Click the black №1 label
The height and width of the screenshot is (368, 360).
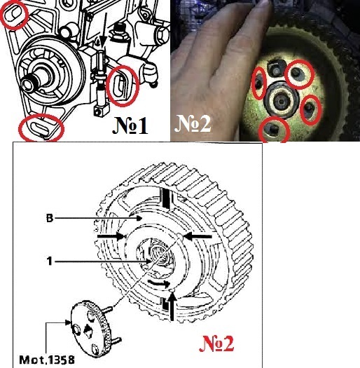point(130,125)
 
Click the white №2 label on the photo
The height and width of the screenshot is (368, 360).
point(193,123)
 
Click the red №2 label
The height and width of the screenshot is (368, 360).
point(216,343)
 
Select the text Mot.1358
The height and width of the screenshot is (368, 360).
point(47,360)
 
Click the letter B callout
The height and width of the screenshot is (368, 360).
point(50,219)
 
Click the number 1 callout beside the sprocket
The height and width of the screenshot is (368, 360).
point(50,261)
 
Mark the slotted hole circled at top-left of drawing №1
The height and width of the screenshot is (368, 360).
point(13,14)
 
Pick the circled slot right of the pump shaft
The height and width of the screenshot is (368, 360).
point(120,86)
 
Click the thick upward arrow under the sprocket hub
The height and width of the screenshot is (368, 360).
point(172,306)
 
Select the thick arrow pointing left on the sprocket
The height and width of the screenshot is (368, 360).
point(198,236)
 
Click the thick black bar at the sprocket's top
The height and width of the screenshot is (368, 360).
point(166,198)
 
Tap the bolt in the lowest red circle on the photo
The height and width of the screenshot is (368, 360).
point(273,129)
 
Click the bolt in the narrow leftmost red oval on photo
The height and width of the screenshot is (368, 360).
point(258,83)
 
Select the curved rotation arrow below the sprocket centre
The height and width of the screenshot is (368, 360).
point(159,282)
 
